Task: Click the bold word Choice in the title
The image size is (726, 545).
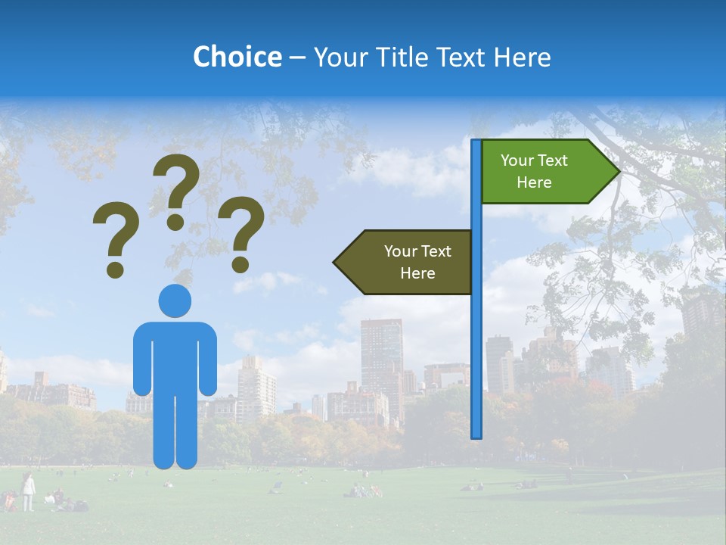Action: coord(237,57)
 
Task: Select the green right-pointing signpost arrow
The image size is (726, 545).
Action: coord(544,172)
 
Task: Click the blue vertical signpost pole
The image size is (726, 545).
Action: coord(476,341)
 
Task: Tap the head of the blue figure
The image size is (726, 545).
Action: coord(175,301)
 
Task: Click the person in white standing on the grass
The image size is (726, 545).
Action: coord(28,490)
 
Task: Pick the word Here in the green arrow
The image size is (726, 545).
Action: coord(534,182)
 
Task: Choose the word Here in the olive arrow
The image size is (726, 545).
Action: coord(417,273)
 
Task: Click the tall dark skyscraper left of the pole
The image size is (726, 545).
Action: coord(381,356)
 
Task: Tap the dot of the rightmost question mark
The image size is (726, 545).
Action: coord(240,265)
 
